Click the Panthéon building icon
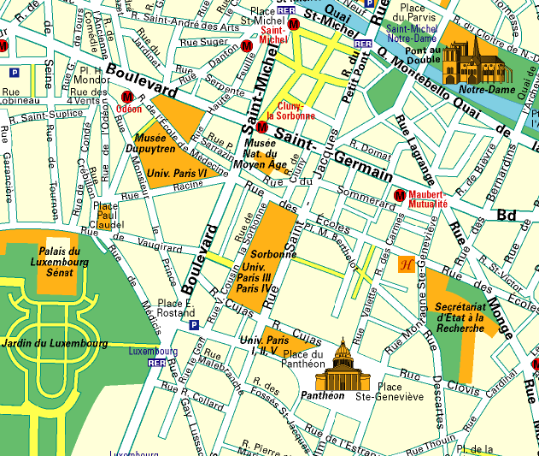341,365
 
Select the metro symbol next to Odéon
129,98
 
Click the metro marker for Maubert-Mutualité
399,195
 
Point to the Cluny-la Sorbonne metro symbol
262,127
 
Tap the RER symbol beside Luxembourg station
155,363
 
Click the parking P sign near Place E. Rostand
194,325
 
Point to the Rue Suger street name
204,41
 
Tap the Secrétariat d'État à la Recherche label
460,317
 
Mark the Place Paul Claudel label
108,216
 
